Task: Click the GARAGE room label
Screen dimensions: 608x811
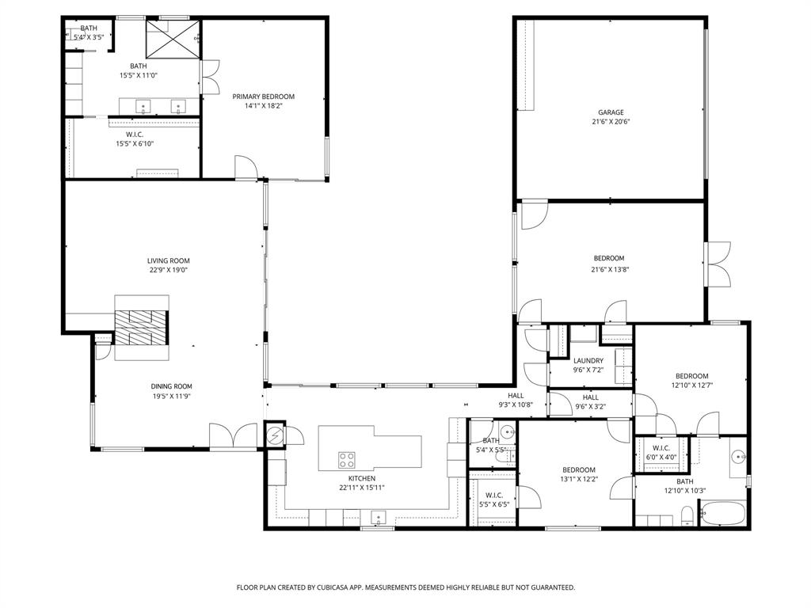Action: click(x=610, y=112)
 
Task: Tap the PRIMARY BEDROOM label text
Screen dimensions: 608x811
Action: click(x=263, y=97)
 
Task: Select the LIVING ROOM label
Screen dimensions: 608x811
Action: click(x=168, y=260)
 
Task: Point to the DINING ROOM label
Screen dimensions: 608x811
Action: click(x=172, y=386)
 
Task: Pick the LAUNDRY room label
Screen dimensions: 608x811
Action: click(x=588, y=361)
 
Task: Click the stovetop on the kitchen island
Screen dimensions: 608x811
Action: click(x=347, y=460)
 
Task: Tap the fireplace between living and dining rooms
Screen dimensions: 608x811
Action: click(x=142, y=328)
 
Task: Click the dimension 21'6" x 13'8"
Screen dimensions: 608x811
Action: click(x=609, y=269)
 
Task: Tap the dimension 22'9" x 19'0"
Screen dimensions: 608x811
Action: click(x=168, y=270)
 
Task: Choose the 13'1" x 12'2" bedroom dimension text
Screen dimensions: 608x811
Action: click(x=579, y=478)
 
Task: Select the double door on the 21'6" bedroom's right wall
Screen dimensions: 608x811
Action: click(x=718, y=264)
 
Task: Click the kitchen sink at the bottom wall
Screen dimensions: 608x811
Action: click(x=378, y=519)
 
